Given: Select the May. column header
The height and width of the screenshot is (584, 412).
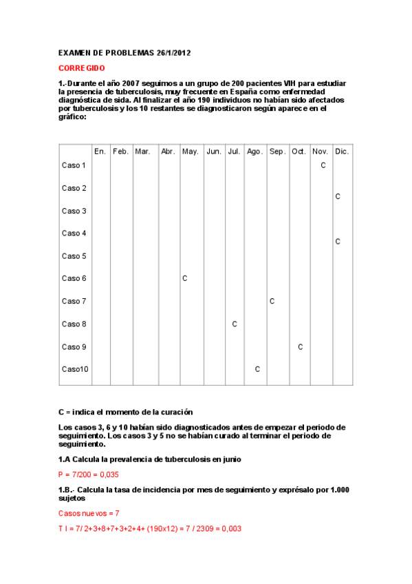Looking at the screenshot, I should pyautogui.click(x=191, y=151).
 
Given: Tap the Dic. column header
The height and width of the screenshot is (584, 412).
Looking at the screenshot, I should pyautogui.click(x=342, y=151).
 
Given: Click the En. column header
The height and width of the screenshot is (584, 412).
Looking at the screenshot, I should pyautogui.click(x=100, y=151).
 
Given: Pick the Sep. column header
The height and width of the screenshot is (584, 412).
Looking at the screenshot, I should pyautogui.click(x=278, y=151).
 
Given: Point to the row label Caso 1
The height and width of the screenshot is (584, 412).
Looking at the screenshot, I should pyautogui.click(x=74, y=165).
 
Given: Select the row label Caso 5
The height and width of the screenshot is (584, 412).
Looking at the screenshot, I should pyautogui.click(x=74, y=256).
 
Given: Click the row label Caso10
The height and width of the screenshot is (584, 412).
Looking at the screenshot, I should pyautogui.click(x=75, y=370).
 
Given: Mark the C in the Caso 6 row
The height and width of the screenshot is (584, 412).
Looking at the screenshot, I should pyautogui.click(x=185, y=279).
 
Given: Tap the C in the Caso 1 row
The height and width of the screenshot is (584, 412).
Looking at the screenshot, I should pyautogui.click(x=323, y=165).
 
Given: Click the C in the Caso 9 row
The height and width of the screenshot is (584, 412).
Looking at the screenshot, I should pyautogui.click(x=301, y=347).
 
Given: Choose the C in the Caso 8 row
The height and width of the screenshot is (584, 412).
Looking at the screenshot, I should pyautogui.click(x=235, y=324).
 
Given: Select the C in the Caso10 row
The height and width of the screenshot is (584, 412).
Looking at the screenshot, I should pyautogui.click(x=257, y=370).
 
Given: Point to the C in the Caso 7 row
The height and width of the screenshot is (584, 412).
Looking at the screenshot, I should pyautogui.click(x=272, y=302).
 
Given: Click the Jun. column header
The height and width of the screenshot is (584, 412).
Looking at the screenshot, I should pyautogui.click(x=214, y=151).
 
